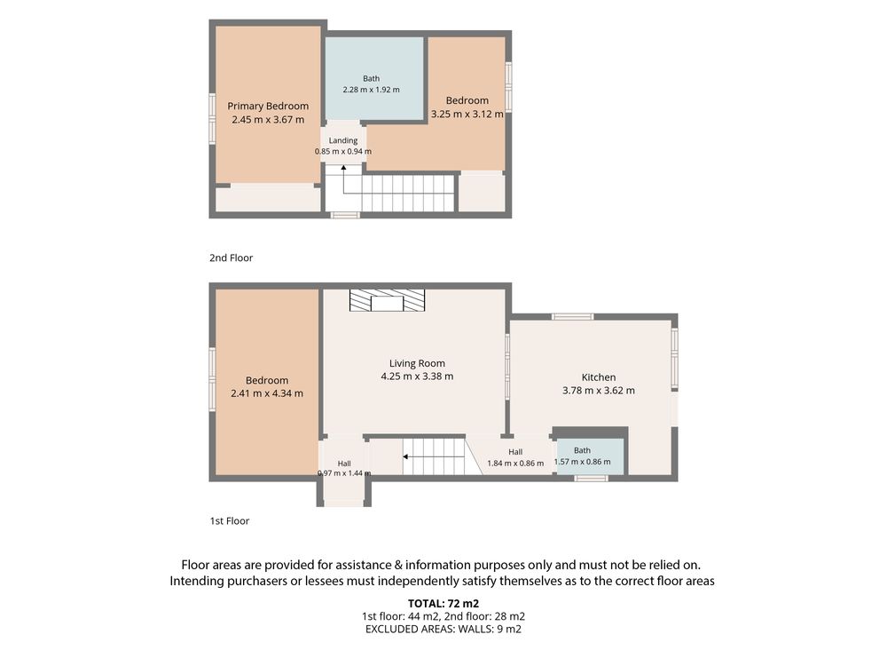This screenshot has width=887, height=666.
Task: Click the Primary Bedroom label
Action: (x=268, y=106)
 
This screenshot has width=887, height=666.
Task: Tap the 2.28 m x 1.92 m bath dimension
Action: (x=371, y=90)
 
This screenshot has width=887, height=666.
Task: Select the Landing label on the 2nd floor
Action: (x=343, y=140)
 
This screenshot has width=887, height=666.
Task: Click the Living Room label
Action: (x=417, y=363)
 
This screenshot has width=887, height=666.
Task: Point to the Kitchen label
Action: (x=599, y=377)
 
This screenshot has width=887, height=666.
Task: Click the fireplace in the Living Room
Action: (x=387, y=300)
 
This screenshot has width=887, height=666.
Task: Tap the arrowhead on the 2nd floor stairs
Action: (x=343, y=168)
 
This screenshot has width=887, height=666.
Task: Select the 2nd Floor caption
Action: (x=231, y=258)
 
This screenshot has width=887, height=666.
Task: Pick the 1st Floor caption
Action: (x=230, y=521)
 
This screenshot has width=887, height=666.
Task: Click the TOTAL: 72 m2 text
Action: (x=443, y=604)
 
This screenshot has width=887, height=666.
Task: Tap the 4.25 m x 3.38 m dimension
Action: (x=417, y=376)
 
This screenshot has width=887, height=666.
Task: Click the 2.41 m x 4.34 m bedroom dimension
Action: (x=267, y=393)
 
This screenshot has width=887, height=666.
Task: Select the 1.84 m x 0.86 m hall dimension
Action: (x=515, y=464)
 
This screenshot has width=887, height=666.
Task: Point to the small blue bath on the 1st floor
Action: (x=591, y=456)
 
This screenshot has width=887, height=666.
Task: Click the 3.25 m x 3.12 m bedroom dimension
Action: (x=467, y=114)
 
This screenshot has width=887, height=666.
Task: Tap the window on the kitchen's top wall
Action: (x=572, y=317)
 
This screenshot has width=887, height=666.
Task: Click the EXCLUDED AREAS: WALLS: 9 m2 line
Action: (x=443, y=629)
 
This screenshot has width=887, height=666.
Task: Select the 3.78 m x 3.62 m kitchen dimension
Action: (x=599, y=390)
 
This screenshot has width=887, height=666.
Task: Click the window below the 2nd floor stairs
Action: (x=345, y=215)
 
